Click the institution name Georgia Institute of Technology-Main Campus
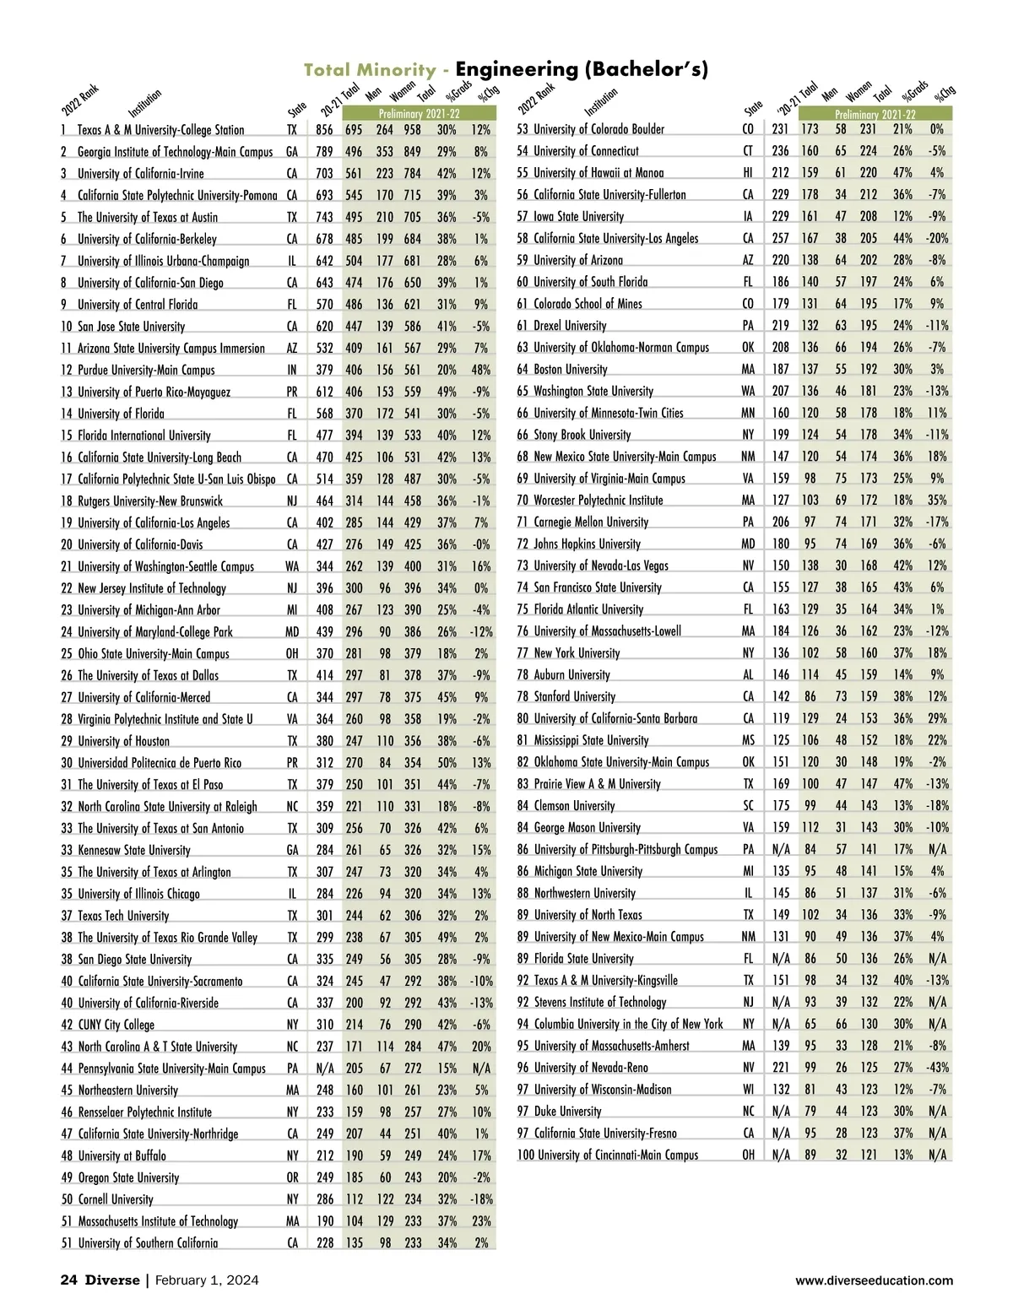point(175,152)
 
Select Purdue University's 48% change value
point(481,370)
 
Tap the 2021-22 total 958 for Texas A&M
point(412,130)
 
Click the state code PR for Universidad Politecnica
point(292,763)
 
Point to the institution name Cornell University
point(116,1199)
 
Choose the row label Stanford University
point(574,697)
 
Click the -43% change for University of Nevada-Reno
point(937,1068)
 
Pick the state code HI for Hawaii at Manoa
point(748,173)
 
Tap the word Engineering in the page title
point(516,69)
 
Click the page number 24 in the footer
point(68,1280)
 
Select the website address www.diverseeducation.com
point(874,1281)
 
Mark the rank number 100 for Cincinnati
point(525,1155)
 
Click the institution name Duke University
point(567,1112)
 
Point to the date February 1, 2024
point(207,1280)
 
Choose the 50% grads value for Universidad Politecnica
point(447,763)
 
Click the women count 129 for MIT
point(385,1221)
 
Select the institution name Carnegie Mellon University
point(591,522)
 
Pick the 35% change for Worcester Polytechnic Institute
point(937,501)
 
